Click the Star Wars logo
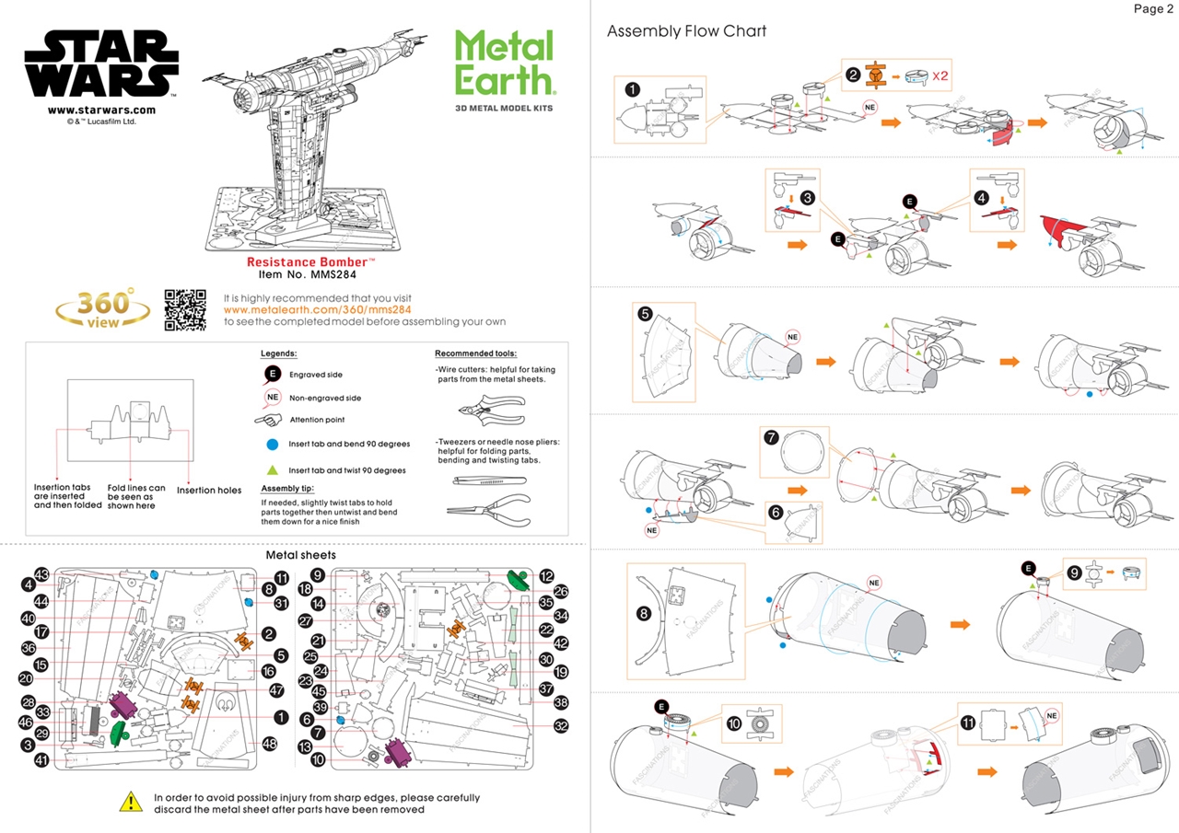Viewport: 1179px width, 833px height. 101,64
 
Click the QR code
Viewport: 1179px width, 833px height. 185,309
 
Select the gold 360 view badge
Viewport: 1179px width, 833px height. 103,309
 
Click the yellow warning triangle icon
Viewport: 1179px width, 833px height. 131,802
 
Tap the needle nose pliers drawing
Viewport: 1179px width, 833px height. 485,507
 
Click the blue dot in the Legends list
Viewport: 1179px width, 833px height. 272,444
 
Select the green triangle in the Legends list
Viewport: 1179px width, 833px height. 272,469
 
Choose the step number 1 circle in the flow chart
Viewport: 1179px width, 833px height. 632,90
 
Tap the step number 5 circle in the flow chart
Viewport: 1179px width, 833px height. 646,314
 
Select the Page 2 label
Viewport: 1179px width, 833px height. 1152,9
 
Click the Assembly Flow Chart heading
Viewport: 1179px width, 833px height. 686,31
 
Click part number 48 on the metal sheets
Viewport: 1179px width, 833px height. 270,744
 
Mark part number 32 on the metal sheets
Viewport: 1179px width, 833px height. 561,726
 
